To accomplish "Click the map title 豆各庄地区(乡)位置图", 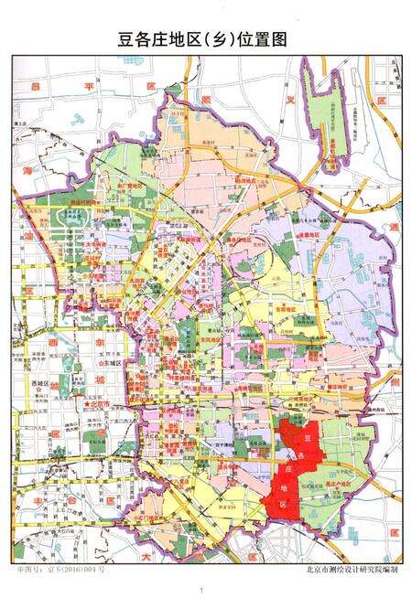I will click(205, 38).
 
